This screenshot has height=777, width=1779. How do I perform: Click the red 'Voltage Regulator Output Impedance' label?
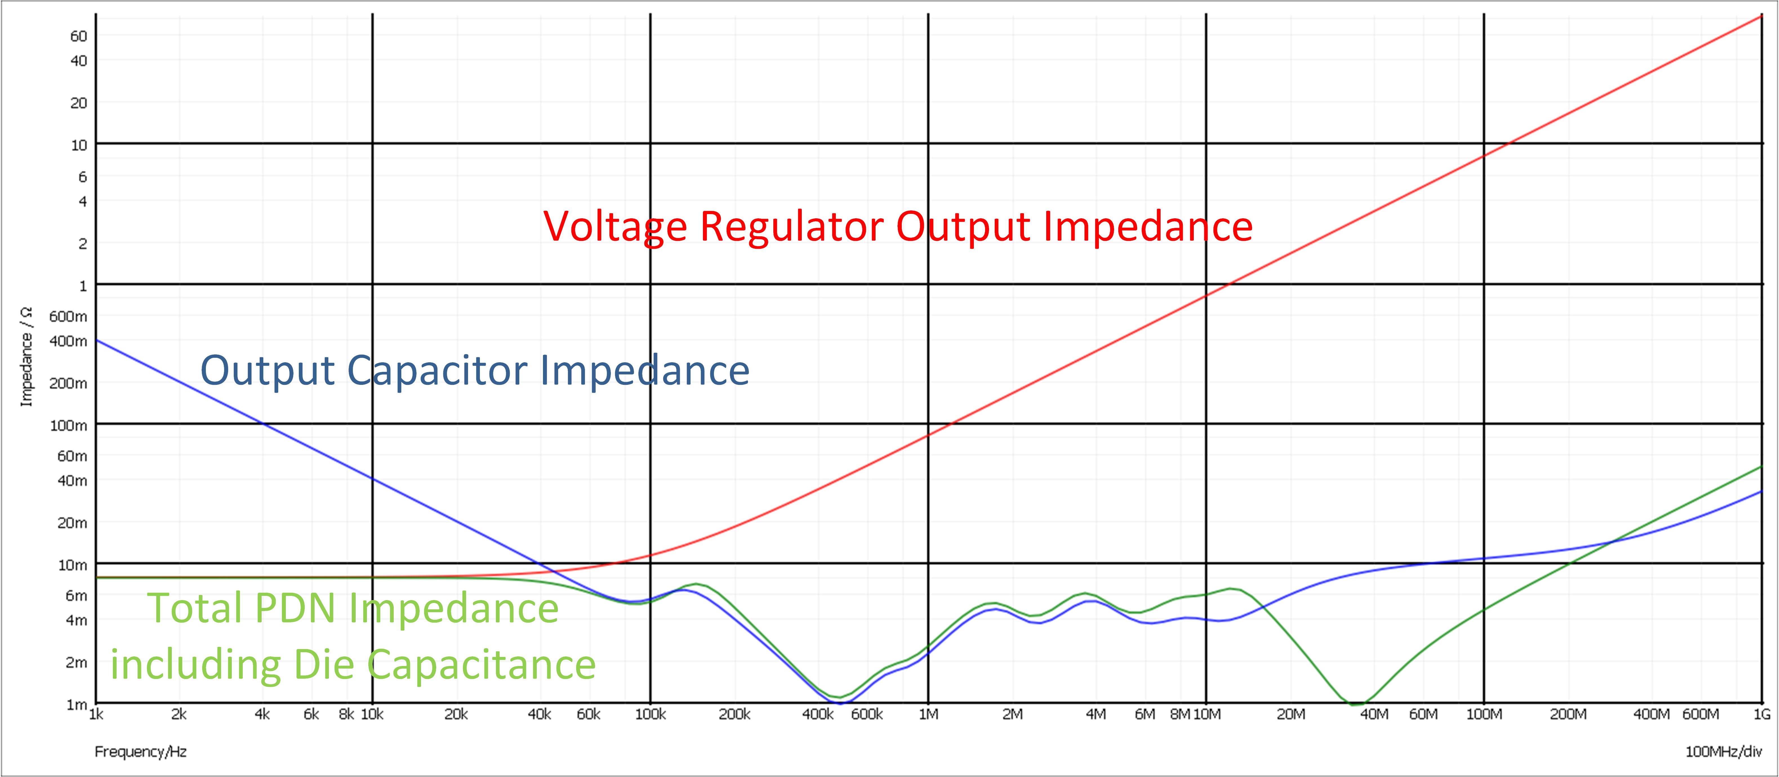tap(898, 227)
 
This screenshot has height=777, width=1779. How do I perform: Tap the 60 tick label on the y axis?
tap(79, 36)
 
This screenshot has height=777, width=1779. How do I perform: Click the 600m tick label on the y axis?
tap(68, 316)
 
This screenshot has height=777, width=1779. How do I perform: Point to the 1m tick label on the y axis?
tap(76, 705)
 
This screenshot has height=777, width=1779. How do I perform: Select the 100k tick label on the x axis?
tap(650, 714)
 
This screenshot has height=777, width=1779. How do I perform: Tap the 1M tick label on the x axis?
tap(928, 714)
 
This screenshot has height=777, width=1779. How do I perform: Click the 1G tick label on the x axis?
tap(1762, 714)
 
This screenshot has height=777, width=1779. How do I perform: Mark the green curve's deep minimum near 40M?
tap(1356, 704)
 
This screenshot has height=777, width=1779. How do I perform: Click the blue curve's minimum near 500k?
tap(840, 702)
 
